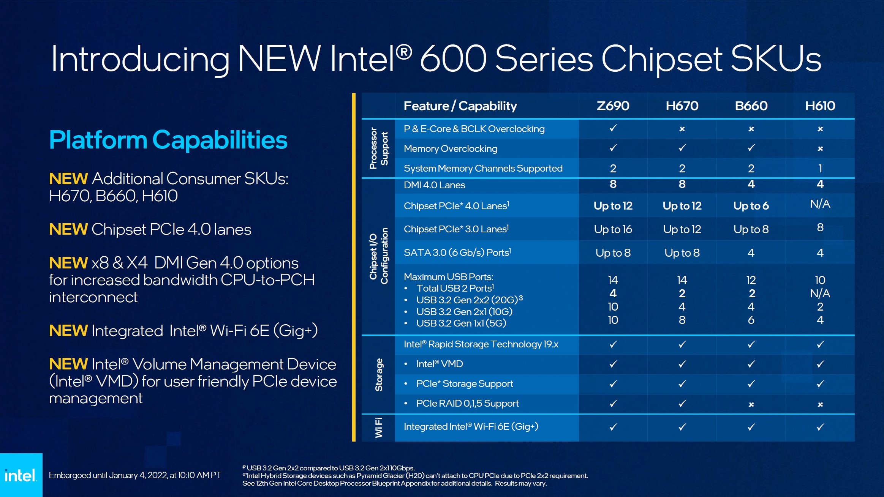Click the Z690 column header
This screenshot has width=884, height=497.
click(613, 106)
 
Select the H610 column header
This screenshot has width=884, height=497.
click(820, 106)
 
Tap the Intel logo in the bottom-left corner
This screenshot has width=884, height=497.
click(21, 475)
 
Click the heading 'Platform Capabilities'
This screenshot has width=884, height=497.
click(168, 140)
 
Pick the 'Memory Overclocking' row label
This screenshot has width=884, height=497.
click(450, 149)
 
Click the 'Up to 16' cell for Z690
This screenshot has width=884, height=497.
click(613, 229)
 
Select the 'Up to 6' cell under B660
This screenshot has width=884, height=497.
click(751, 206)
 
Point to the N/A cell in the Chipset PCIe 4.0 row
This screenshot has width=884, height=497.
click(820, 204)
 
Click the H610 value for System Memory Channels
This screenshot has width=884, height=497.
click(820, 168)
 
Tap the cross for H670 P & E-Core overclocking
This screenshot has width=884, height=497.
click(682, 129)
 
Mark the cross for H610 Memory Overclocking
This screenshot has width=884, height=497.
click(820, 149)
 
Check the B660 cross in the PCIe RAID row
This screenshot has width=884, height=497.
click(751, 404)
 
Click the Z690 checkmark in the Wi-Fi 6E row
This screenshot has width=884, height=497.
click(613, 427)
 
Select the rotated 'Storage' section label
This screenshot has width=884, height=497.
click(379, 375)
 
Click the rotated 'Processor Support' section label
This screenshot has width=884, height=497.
click(379, 148)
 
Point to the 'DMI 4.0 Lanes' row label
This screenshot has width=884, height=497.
click(434, 185)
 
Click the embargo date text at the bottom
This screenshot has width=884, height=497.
click(135, 475)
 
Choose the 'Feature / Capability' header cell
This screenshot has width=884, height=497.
click(460, 106)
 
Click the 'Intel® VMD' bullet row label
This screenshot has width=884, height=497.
click(439, 364)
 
